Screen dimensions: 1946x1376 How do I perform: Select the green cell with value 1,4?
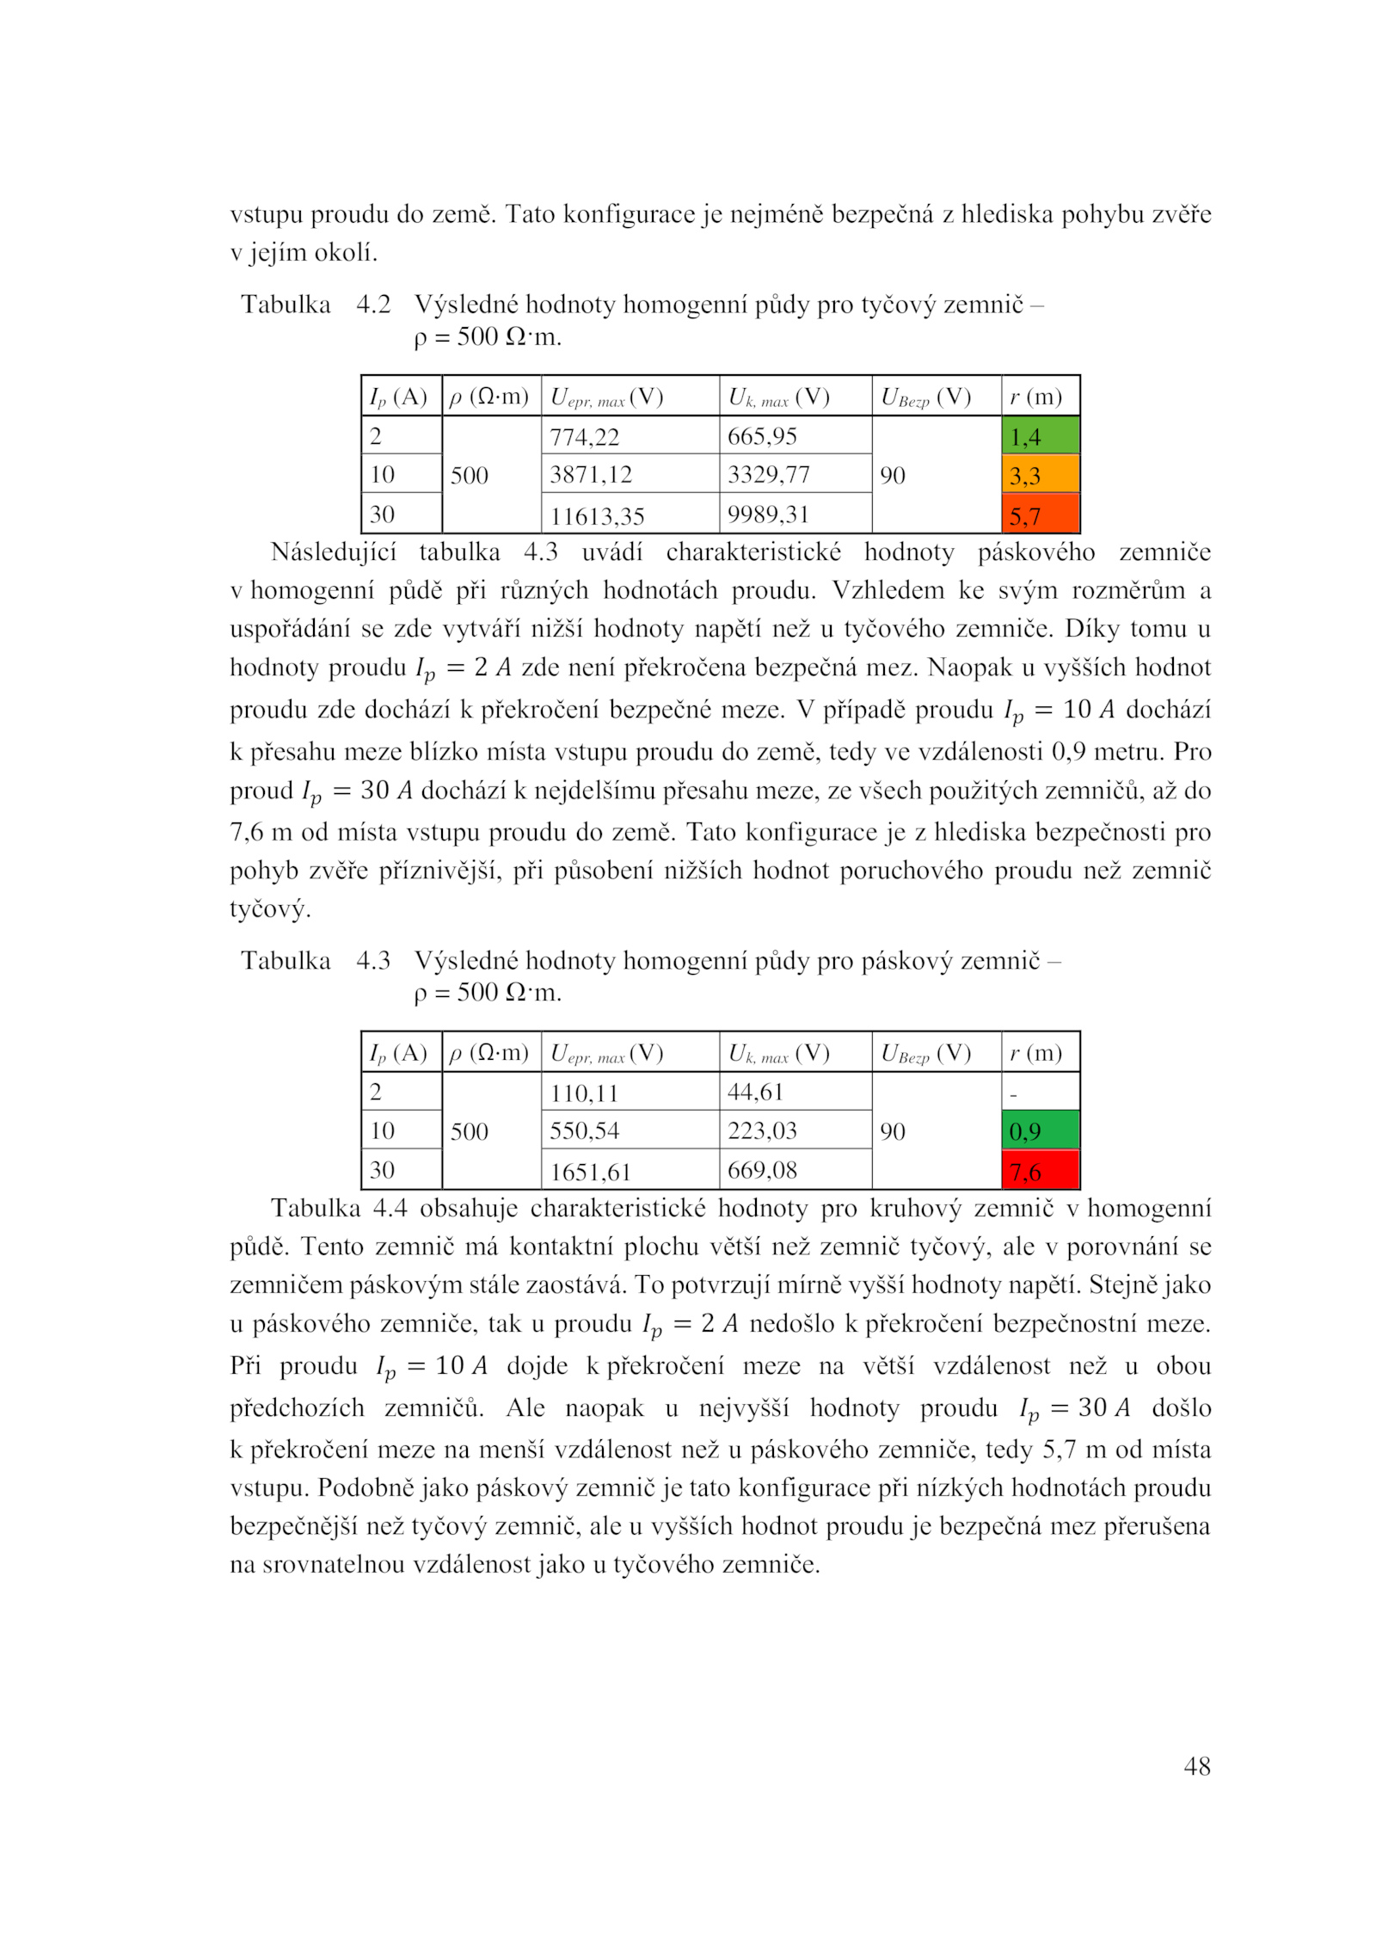[1040, 436]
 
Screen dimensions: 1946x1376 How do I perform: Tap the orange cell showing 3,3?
[1040, 475]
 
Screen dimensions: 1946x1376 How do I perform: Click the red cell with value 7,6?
[1040, 1171]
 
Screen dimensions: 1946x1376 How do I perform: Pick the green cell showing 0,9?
[1040, 1130]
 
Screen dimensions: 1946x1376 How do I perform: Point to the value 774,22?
[584, 437]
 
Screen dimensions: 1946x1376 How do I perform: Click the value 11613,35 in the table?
[597, 516]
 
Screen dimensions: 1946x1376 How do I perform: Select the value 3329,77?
[768, 475]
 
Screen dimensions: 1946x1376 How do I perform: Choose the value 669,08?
[762, 1170]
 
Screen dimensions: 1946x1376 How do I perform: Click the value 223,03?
[762, 1130]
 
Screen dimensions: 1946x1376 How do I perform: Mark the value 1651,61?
[590, 1172]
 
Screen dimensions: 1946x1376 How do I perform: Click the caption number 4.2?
[373, 305]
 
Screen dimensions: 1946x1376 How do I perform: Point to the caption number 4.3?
[373, 960]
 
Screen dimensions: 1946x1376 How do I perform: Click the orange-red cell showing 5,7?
[1040, 515]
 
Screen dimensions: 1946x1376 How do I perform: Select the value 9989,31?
[768, 514]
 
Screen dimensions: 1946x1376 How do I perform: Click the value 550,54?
[584, 1130]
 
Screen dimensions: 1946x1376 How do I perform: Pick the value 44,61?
[755, 1092]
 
